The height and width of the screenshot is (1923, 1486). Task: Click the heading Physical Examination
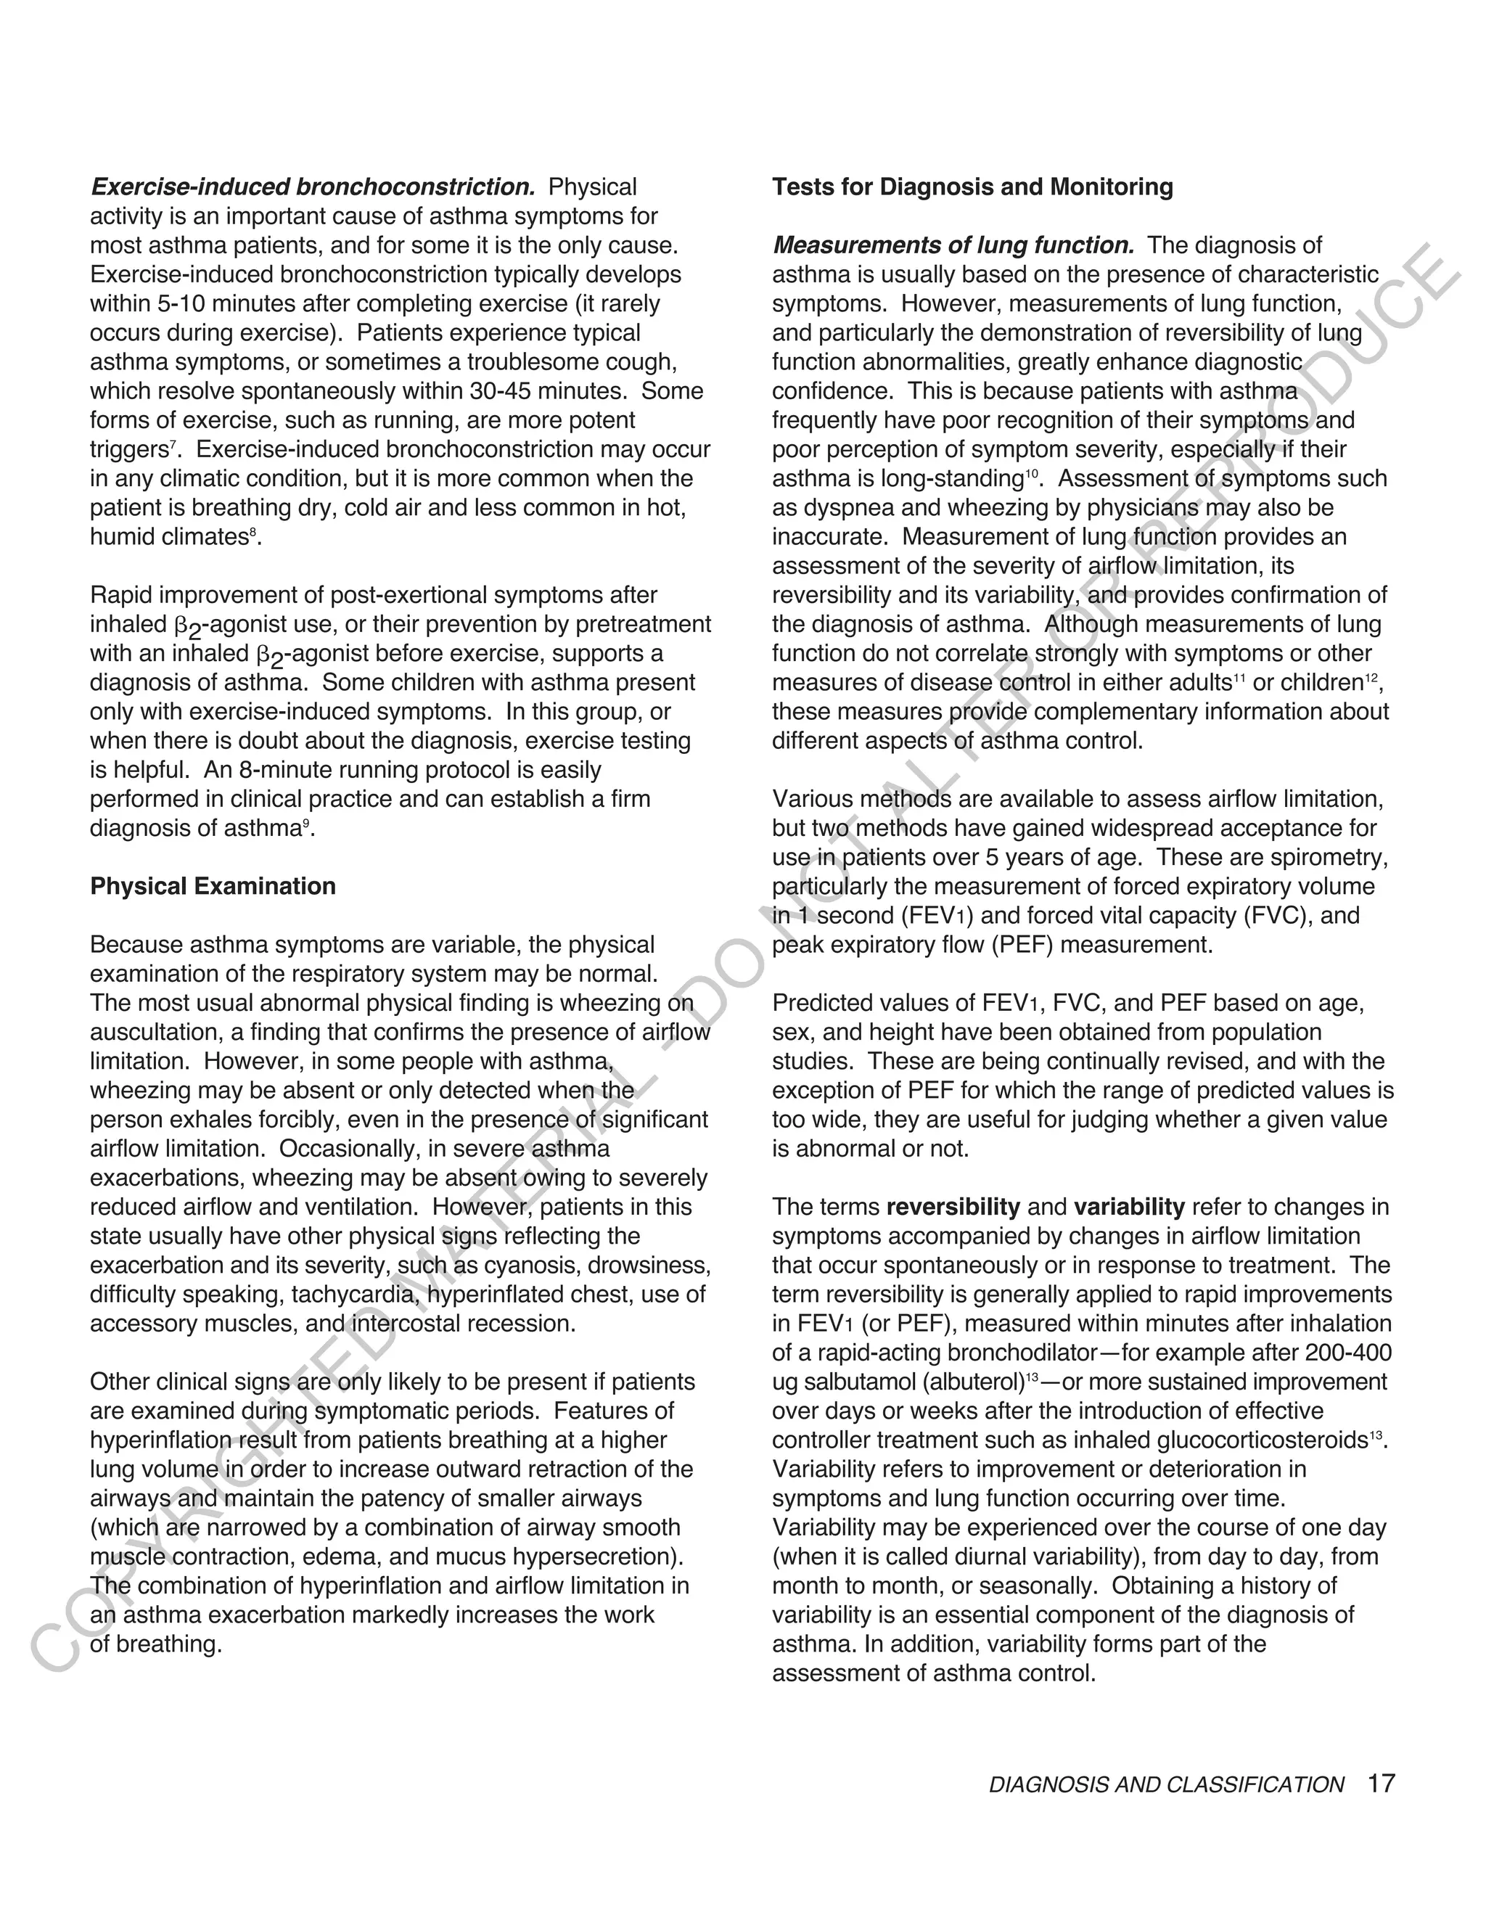coord(213,887)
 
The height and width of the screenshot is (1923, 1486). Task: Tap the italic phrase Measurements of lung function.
coord(953,246)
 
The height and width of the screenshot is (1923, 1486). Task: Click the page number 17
coord(1382,1784)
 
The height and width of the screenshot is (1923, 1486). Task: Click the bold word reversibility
coord(953,1207)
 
